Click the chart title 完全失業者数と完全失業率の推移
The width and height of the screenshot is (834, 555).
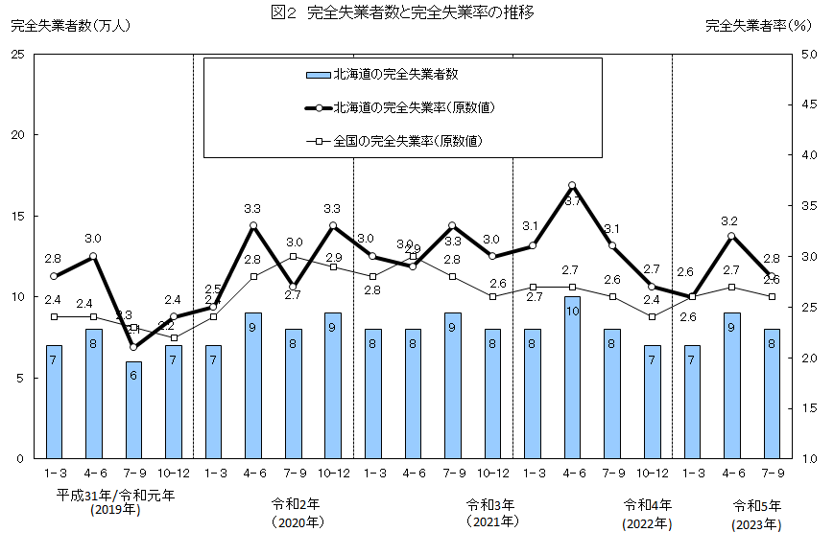(x=427, y=13)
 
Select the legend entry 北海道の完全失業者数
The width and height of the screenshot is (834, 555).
(x=394, y=74)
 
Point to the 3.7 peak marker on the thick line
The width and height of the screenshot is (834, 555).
(x=572, y=185)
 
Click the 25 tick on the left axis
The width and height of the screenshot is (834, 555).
(x=16, y=54)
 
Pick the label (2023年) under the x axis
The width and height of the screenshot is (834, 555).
(x=756, y=525)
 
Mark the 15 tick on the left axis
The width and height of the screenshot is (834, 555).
(x=16, y=216)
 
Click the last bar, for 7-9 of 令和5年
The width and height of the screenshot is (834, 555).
(x=771, y=394)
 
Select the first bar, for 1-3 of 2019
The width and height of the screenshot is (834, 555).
(x=54, y=402)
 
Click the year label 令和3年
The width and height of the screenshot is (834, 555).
(x=490, y=503)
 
